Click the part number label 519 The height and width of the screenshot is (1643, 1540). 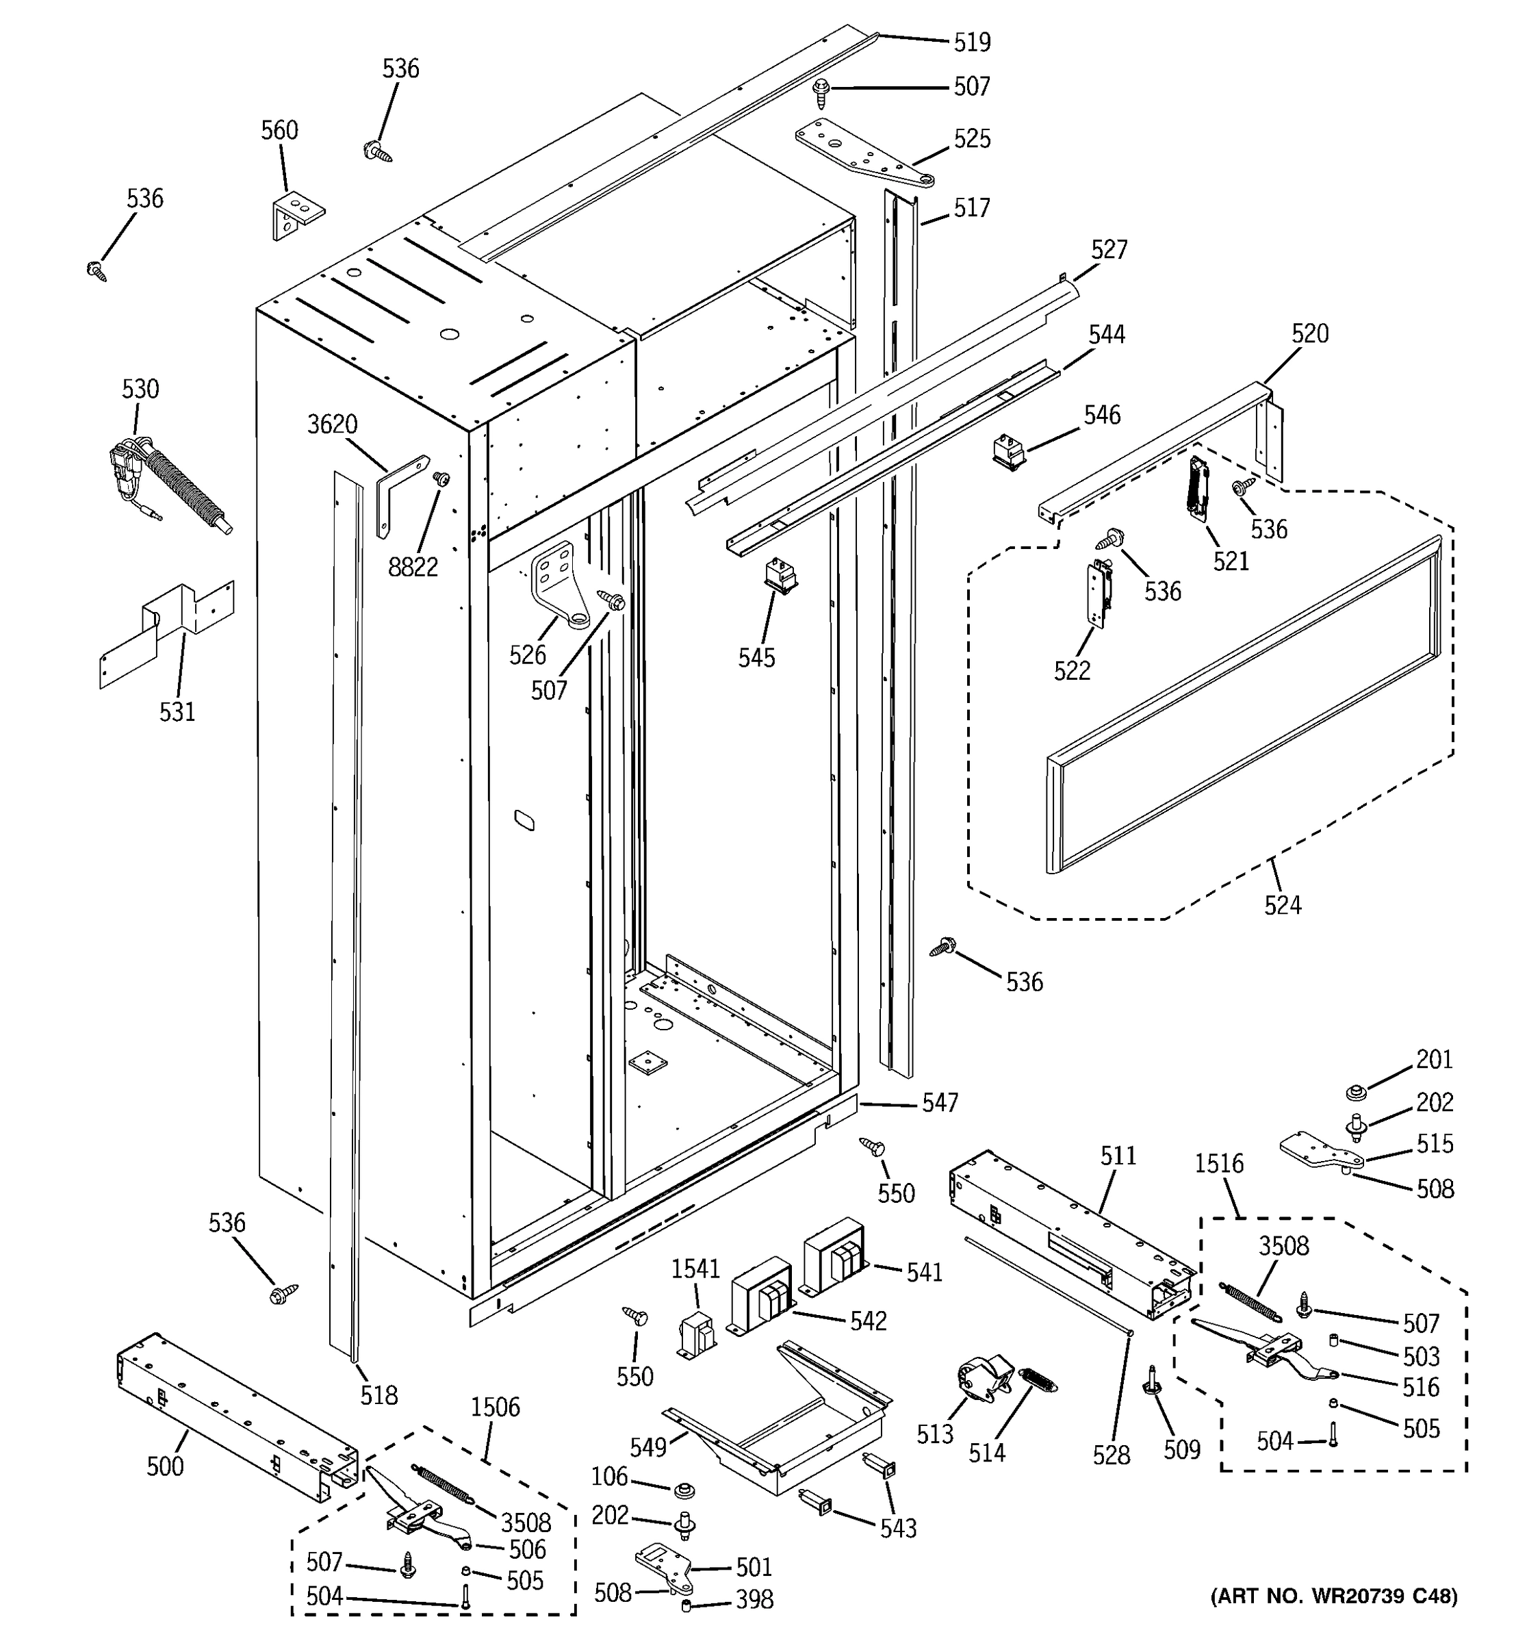972,42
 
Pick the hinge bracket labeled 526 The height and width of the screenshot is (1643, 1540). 559,586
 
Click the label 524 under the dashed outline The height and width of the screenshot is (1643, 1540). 1282,906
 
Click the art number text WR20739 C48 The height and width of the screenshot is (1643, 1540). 1333,1619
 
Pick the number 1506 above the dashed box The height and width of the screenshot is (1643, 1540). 495,1407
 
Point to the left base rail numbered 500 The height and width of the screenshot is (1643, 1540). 235,1412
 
